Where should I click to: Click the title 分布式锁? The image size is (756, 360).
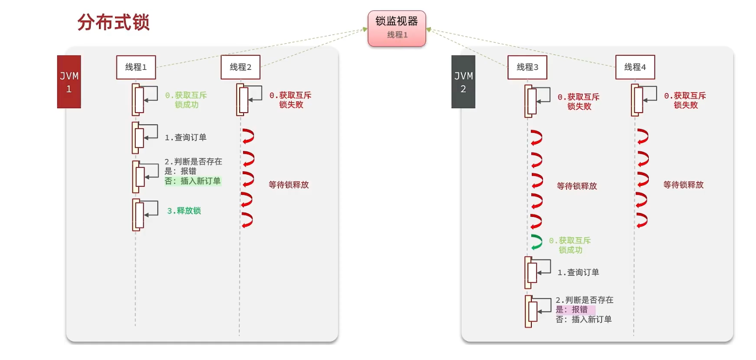(x=114, y=23)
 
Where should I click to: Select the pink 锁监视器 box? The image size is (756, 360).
(x=396, y=28)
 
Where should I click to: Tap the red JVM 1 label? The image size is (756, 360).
(x=69, y=82)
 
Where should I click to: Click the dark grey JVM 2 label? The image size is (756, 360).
(x=463, y=82)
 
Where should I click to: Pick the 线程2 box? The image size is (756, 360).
(x=241, y=67)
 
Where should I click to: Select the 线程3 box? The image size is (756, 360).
(x=527, y=67)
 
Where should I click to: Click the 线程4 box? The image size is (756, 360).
(x=635, y=67)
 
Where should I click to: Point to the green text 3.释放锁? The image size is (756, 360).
(x=184, y=211)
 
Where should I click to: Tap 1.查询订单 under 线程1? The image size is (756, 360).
(x=185, y=137)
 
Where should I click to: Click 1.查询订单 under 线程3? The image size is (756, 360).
(x=578, y=272)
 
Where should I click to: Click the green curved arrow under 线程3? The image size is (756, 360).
(x=536, y=242)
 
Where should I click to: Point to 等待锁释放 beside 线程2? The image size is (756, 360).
(x=289, y=185)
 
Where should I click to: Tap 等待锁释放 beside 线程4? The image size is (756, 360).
(x=683, y=185)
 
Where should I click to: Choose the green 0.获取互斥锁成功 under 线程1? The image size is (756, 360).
(x=186, y=100)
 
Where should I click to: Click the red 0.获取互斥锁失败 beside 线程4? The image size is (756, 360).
(x=685, y=100)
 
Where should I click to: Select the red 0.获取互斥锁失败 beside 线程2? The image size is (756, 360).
(x=290, y=100)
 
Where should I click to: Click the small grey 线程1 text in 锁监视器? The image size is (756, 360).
(x=397, y=35)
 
